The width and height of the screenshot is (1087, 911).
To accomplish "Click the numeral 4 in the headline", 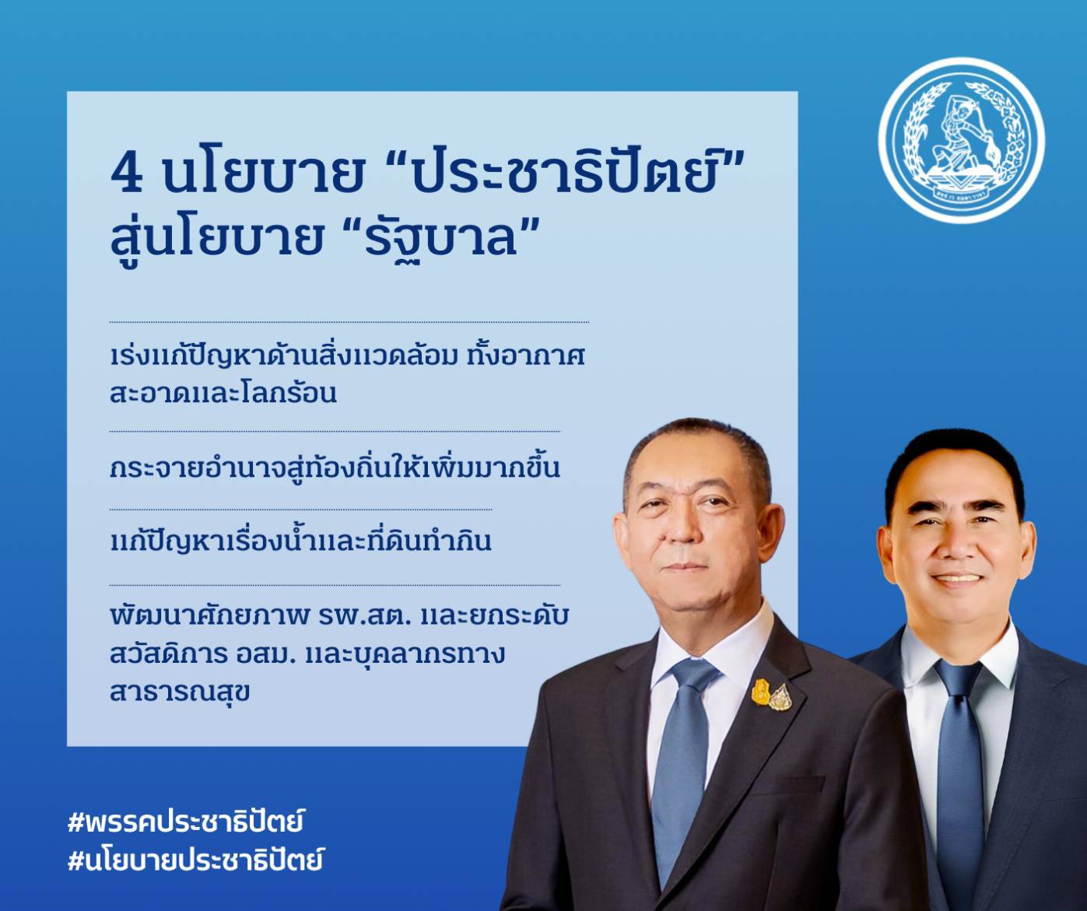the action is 127,173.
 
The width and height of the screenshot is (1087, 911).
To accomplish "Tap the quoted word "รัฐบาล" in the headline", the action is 441,237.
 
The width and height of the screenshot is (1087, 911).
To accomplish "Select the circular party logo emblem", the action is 961,141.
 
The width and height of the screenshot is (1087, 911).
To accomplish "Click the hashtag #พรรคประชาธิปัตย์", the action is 185,821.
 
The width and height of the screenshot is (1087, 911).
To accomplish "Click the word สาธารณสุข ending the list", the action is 180,693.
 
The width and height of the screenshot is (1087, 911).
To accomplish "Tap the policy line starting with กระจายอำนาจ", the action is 335,467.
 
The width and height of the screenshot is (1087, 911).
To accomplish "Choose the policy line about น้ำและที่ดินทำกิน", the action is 301,540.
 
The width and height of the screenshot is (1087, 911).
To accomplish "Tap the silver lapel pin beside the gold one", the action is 780,696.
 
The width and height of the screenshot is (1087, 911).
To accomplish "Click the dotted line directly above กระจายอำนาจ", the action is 335,432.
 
